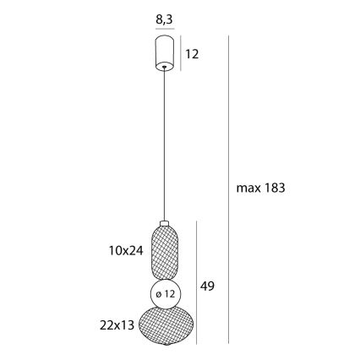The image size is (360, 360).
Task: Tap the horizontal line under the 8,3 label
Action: [165, 27]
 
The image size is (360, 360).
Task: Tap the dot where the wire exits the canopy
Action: [165, 68]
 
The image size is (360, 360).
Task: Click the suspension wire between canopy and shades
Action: [165, 144]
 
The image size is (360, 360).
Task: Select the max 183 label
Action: [260, 188]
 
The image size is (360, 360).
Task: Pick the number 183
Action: [274, 188]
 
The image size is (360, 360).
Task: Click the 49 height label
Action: [207, 286]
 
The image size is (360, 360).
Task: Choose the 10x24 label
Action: [125, 251]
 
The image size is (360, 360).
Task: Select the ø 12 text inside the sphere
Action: [166, 294]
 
